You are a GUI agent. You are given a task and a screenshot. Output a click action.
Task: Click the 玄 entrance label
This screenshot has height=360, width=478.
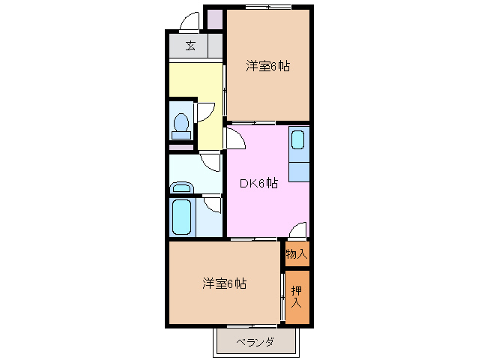[x=190, y=46]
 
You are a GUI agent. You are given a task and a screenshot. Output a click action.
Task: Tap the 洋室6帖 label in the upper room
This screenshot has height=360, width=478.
[x=267, y=67]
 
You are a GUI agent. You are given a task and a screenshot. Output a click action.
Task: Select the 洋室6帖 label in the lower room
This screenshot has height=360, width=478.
[x=224, y=283]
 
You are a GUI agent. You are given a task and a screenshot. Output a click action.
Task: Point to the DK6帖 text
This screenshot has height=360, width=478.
[x=258, y=183]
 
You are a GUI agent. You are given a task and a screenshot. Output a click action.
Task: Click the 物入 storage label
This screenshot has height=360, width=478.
[x=297, y=253]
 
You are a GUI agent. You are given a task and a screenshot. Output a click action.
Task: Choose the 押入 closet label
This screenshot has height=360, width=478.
[x=297, y=297]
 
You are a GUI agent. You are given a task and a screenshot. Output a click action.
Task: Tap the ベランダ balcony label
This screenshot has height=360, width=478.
[x=255, y=343]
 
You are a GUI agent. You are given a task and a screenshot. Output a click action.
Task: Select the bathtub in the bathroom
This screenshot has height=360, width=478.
[x=182, y=217]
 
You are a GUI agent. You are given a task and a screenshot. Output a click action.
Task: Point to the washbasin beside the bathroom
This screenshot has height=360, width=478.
[x=181, y=186]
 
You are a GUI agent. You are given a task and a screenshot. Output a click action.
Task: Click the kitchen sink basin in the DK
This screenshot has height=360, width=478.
[x=298, y=140]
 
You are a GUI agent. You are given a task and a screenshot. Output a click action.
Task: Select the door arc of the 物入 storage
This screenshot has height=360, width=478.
[x=298, y=230]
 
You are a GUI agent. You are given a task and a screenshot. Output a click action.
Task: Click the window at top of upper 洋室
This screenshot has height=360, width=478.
[x=268, y=7]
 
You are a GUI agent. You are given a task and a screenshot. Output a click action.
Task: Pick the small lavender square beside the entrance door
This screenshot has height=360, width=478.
[x=214, y=18]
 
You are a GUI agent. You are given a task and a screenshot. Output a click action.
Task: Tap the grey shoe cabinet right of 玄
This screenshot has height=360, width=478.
[x=214, y=46]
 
